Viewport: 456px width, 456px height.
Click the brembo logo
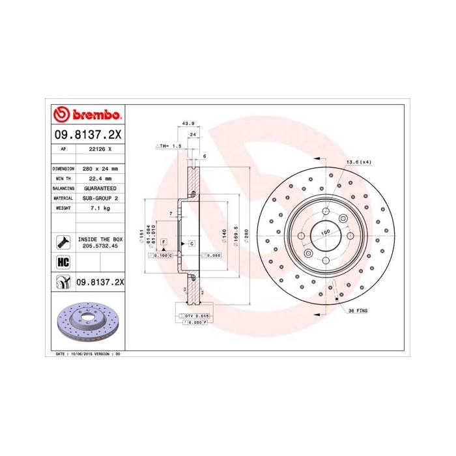point(87,115)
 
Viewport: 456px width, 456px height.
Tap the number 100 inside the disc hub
point(326,231)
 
